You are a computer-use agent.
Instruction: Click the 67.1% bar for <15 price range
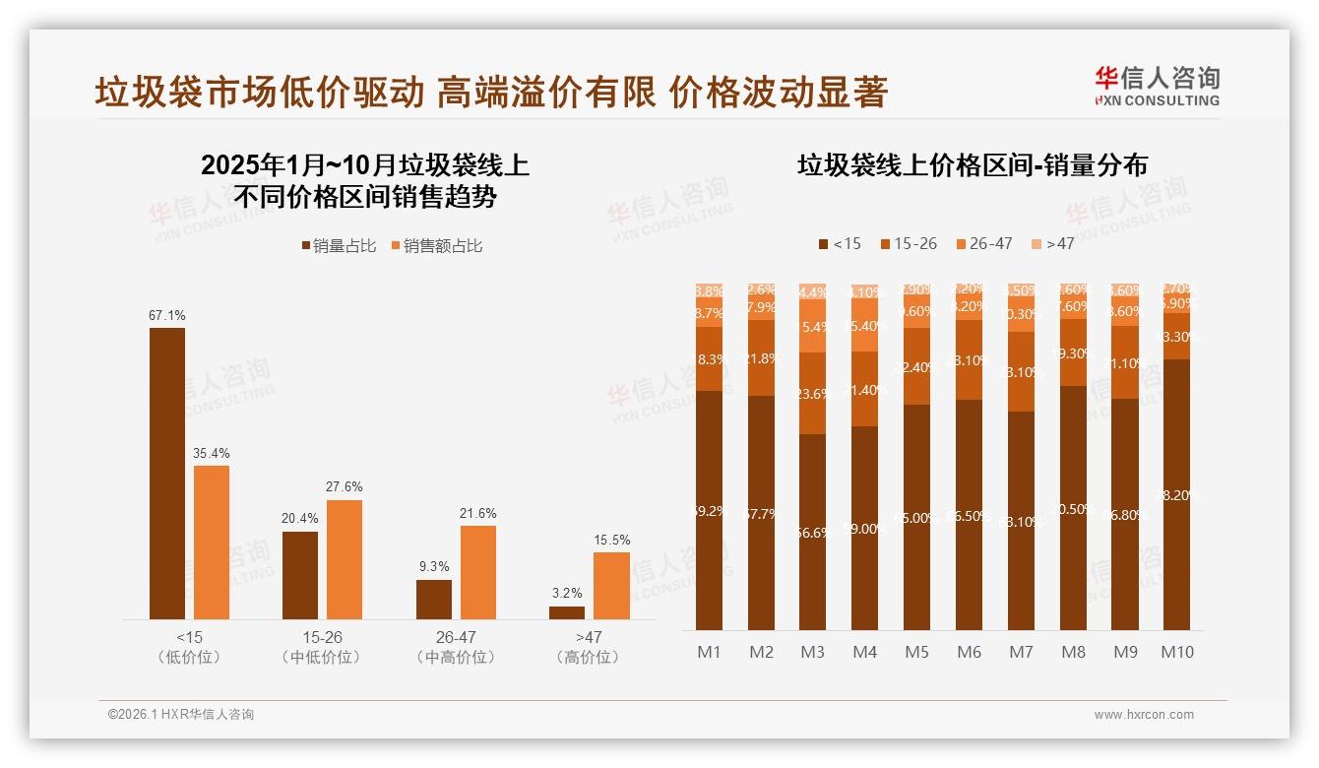click(x=167, y=474)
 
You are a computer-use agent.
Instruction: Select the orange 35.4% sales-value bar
click(x=212, y=543)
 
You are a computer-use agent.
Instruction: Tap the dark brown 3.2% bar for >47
click(x=566, y=612)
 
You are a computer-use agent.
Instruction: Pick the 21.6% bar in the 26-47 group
click(x=477, y=572)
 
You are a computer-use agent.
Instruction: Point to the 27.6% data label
click(x=344, y=486)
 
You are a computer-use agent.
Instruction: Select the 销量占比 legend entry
click(x=339, y=246)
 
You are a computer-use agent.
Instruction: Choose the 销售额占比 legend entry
click(x=437, y=246)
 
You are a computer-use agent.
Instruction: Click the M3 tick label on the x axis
click(x=812, y=652)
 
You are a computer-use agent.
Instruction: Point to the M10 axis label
click(x=1177, y=652)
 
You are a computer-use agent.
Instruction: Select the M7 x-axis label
click(x=1021, y=652)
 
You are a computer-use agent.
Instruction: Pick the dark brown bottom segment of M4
click(x=864, y=528)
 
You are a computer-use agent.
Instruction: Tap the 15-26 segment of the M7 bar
click(x=1021, y=372)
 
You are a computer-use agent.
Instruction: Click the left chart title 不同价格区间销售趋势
click(x=365, y=196)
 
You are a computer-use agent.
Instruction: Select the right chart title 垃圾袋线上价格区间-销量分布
click(x=972, y=165)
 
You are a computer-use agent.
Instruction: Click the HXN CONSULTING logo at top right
click(x=1157, y=86)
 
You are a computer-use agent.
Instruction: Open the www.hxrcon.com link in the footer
click(x=1143, y=715)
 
